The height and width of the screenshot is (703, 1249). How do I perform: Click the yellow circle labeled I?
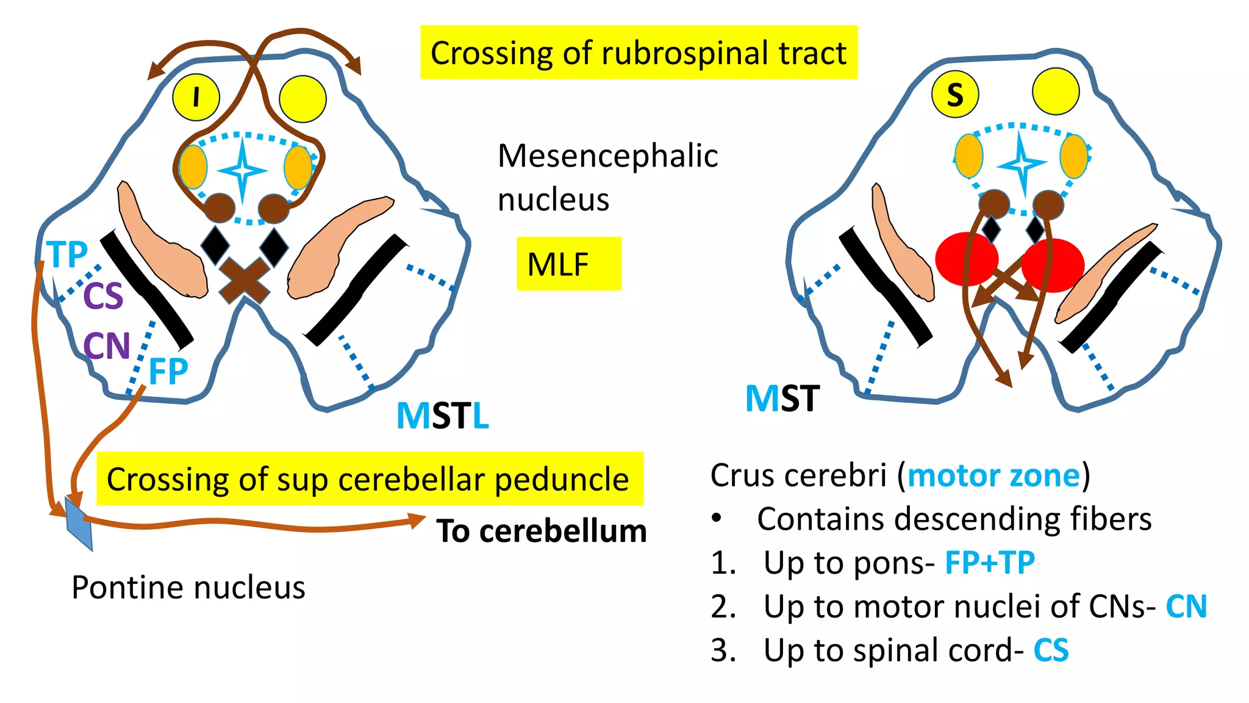(196, 97)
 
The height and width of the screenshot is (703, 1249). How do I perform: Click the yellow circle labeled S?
(955, 95)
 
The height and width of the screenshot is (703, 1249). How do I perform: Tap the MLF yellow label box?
(568, 264)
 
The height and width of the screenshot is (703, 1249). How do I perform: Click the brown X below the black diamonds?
(245, 279)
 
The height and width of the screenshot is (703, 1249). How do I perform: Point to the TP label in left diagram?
(68, 254)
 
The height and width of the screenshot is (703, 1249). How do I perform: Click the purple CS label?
(103, 296)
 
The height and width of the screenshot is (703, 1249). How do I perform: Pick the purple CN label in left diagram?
(107, 346)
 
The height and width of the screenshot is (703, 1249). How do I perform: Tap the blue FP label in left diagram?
(168, 371)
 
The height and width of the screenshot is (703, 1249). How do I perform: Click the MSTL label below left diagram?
(443, 416)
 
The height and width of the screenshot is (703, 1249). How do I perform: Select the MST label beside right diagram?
(782, 398)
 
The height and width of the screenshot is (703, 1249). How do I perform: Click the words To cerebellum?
(542, 531)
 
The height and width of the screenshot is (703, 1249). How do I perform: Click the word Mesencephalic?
(607, 156)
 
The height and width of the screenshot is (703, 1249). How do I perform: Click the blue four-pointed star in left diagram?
(242, 171)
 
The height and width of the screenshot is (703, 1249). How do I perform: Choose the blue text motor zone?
(993, 475)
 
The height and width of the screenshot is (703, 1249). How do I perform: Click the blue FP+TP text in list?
(989, 563)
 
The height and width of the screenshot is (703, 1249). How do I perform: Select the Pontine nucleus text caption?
(188, 588)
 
